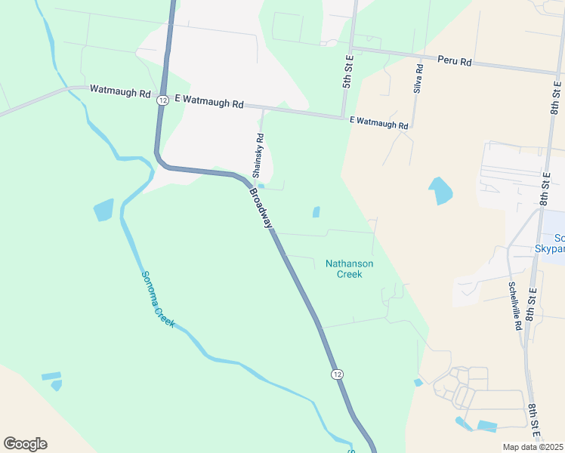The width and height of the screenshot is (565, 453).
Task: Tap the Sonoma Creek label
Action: click(158, 299)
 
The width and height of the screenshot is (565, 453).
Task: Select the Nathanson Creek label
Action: click(349, 269)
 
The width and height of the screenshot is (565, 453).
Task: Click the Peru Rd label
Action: click(455, 61)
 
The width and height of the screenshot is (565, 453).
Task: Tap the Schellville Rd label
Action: click(514, 307)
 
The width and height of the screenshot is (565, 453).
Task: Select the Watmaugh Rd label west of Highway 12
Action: click(120, 91)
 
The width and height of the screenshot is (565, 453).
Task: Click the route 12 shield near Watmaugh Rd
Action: click(162, 100)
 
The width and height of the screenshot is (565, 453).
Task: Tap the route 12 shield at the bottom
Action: click(337, 374)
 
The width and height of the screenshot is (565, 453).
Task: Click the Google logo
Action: click(25, 444)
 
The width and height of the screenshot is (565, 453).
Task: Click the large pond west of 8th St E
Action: click(440, 191)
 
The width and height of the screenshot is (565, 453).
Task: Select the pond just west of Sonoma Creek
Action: click(104, 209)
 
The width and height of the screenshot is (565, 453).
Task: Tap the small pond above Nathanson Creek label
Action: click(316, 212)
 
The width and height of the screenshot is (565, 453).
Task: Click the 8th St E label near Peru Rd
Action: click(556, 97)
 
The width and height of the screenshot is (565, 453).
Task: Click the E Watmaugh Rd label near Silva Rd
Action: click(379, 122)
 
